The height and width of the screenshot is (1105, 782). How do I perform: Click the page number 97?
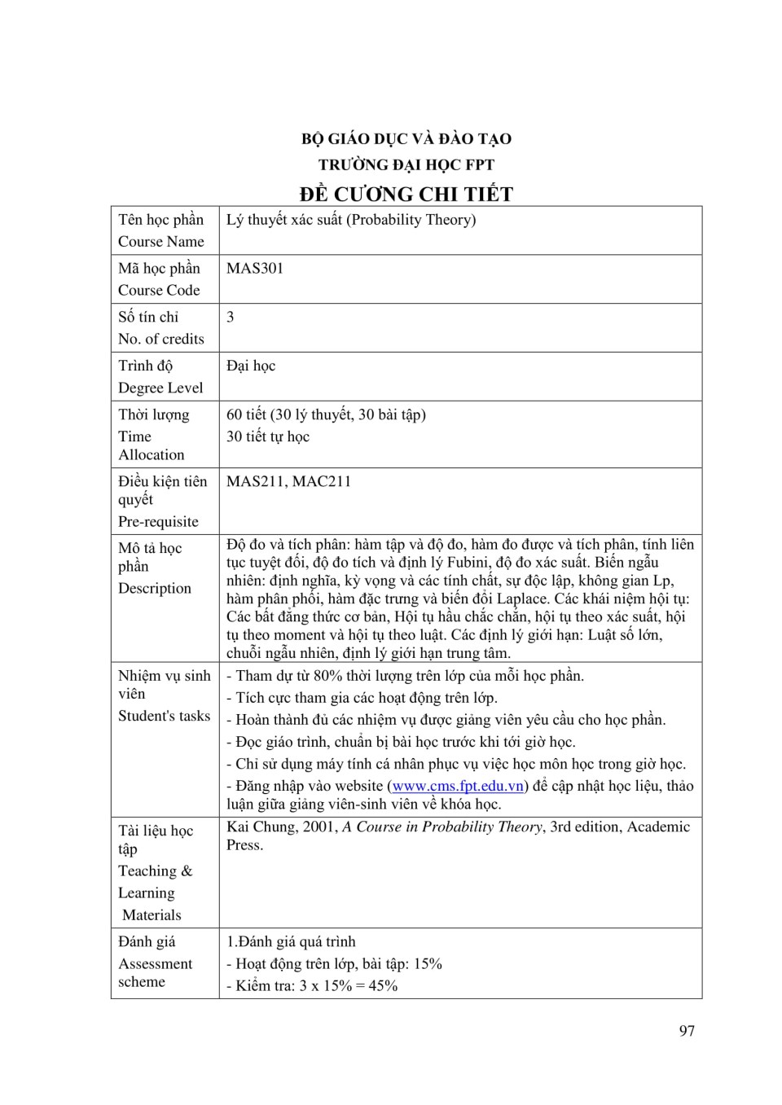tap(687, 1031)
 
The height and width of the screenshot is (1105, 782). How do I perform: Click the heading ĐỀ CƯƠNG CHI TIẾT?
tap(406, 195)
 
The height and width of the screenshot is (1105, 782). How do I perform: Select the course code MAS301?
tap(255, 269)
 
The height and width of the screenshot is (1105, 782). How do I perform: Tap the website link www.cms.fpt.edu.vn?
tap(458, 787)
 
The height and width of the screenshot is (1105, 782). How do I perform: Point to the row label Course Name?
tap(161, 242)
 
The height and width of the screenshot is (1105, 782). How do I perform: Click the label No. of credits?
tap(161, 340)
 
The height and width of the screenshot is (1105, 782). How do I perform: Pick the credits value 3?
tap(231, 318)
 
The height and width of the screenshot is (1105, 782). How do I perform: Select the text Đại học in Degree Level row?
tap(251, 366)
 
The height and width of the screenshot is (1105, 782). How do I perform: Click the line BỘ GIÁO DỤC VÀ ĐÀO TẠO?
tap(406, 139)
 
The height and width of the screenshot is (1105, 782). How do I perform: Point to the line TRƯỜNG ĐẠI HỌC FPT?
tap(406, 165)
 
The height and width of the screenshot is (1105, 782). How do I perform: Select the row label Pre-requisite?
tap(158, 522)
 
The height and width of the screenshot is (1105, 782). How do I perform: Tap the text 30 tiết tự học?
tap(268, 437)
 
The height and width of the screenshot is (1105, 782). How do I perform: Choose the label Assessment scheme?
tap(155, 973)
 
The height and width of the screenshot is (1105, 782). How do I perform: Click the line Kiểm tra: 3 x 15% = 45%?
tap(316, 986)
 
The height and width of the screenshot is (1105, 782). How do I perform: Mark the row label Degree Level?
tap(160, 388)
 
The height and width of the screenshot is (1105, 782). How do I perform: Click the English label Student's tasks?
tap(164, 717)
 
